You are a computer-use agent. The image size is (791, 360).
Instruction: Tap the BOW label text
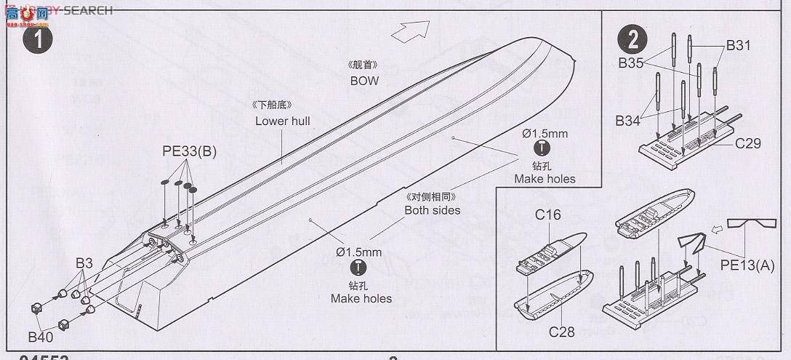364,81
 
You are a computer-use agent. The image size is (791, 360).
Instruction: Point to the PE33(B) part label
189,151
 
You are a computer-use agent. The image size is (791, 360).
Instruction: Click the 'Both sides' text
433,210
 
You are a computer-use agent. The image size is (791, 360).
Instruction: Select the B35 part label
631,63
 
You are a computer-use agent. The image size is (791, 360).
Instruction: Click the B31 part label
738,46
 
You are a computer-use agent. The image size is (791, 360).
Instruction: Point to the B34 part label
627,121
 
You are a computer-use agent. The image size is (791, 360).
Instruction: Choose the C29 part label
747,143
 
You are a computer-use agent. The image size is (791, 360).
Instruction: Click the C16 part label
549,215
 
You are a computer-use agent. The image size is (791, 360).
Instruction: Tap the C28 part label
562,332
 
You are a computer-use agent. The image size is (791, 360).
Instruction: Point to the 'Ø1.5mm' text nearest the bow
545,134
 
